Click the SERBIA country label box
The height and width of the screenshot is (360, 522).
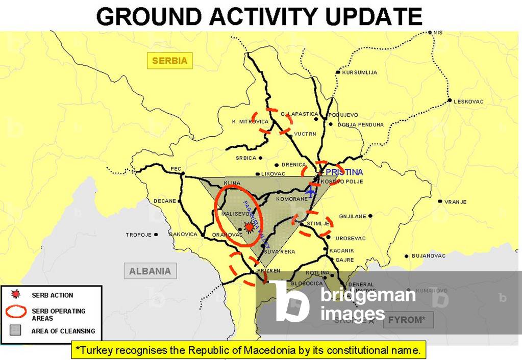(169, 61)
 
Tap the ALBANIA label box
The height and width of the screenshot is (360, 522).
(150, 271)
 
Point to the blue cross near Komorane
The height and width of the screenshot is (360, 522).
(310, 192)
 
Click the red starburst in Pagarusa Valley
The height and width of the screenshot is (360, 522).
(249, 227)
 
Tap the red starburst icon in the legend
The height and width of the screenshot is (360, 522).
(16, 294)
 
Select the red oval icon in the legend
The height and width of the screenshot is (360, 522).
(16, 311)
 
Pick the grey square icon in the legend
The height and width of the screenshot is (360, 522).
(16, 330)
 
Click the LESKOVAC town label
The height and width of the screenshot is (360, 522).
(468, 101)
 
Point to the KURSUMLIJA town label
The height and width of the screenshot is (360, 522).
(360, 72)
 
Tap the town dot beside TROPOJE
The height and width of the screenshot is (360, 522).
(156, 235)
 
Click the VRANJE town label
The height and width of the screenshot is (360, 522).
(455, 202)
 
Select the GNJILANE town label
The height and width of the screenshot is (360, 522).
(353, 216)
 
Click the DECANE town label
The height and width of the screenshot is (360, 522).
(165, 201)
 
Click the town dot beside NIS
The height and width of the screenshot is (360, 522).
(430, 32)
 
